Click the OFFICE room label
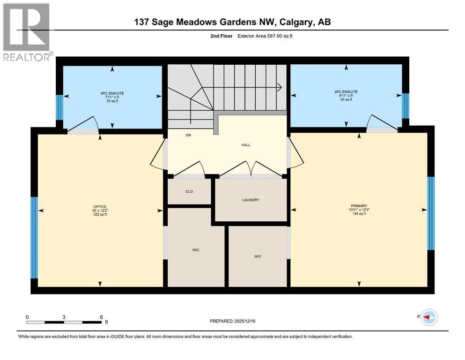pyautogui.click(x=100, y=207)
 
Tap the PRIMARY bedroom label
pyautogui.click(x=359, y=205)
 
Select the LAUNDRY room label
pyautogui.click(x=251, y=200)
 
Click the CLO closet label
pyautogui.click(x=189, y=191)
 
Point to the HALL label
pyautogui.click(x=246, y=145)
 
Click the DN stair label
pyautogui.click(x=188, y=135)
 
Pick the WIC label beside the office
pyautogui.click(x=196, y=250)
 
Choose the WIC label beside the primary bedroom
pyautogui.click(x=258, y=256)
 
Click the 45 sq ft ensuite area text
pyautogui.click(x=346, y=99)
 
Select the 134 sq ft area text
pyautogui.click(x=359, y=214)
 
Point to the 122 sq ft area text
pyautogui.click(x=100, y=214)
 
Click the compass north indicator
pyautogui.click(x=428, y=317)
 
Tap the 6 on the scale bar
pyautogui.click(x=101, y=317)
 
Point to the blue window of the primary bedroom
pyautogui.click(x=431, y=213)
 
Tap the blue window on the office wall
pyautogui.click(x=34, y=237)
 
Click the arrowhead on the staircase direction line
pyautogui.click(x=279, y=86)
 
